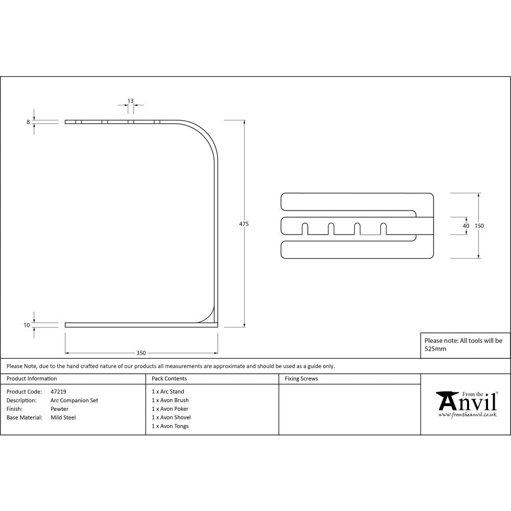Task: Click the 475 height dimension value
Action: [244, 224]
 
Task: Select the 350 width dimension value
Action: [141, 353]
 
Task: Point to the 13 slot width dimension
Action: [131, 101]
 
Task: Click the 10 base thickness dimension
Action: [27, 325]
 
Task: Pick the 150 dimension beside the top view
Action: [479, 226]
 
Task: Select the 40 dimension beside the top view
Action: [466, 226]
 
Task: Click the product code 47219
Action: [59, 392]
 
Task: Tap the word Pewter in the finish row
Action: [59, 409]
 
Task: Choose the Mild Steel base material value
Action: [63, 417]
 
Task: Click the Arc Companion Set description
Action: [75, 401]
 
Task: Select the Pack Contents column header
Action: [169, 379]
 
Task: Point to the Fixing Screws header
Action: [301, 379]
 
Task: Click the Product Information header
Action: [32, 379]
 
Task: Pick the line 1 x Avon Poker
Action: [170, 409]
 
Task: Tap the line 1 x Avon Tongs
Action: [170, 426]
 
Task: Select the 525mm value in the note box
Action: [435, 349]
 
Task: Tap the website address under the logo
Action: [468, 415]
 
